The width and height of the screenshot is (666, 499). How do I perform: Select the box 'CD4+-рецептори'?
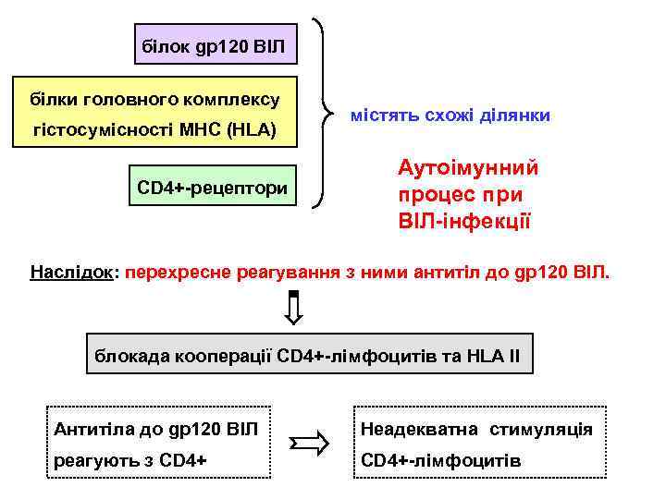pos(212,189)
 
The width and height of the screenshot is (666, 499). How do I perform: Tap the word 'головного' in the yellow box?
pos(145,98)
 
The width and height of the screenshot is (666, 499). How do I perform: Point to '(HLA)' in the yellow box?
pos(252,130)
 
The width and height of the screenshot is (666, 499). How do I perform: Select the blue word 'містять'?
pos(385,115)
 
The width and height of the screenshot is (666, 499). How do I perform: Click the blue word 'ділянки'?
pos(515,115)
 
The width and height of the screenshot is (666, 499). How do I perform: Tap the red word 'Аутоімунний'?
pos(468,168)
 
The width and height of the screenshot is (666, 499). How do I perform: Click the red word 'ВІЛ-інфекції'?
pos(464,222)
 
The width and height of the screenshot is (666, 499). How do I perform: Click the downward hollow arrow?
pos(293,309)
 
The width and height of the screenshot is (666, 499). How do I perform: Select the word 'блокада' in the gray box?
pos(127,355)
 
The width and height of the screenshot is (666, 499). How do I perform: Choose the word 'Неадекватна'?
pos(419,429)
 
